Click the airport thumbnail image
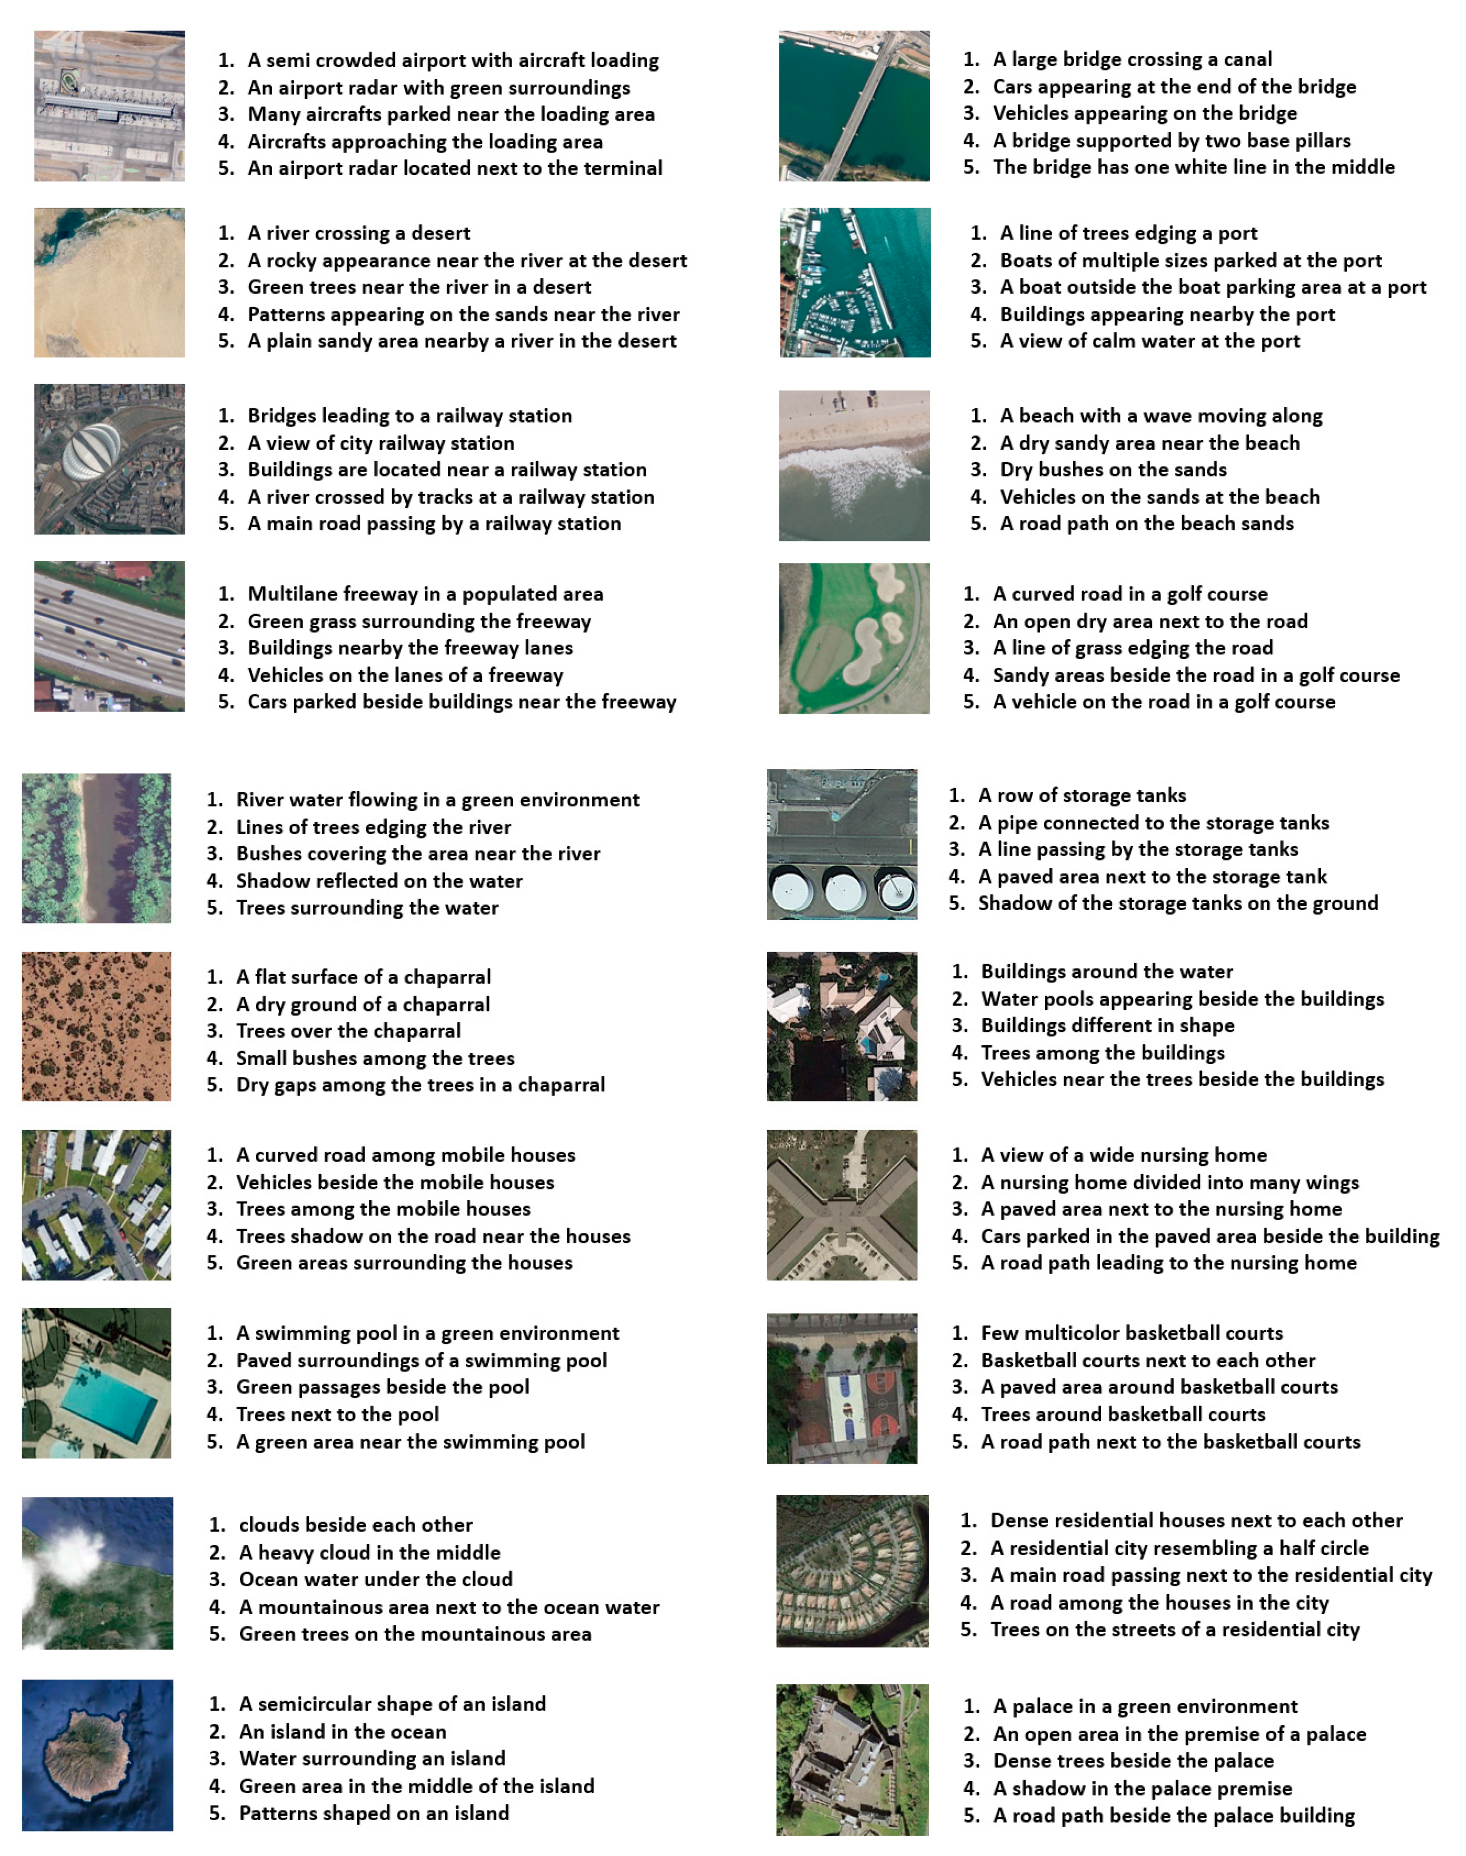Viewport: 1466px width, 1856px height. pos(109,106)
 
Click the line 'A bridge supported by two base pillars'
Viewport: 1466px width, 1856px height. pos(1171,141)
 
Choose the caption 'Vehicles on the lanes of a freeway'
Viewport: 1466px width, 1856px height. pos(405,675)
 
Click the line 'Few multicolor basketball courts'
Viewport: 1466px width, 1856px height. pos(1131,1333)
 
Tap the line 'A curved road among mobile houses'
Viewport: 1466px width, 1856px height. pos(405,1155)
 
